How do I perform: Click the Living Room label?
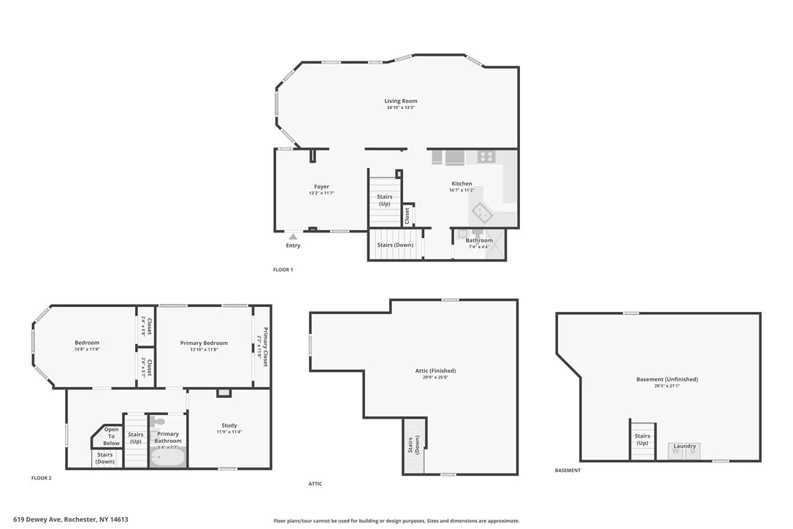(x=401, y=101)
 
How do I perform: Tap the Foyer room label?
(x=321, y=187)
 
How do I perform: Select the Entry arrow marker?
(x=293, y=236)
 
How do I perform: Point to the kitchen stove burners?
(x=486, y=156)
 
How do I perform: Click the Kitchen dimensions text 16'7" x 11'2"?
(x=461, y=191)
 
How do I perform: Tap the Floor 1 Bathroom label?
(x=479, y=240)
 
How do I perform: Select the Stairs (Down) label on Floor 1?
(x=395, y=245)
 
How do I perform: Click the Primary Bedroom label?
(x=204, y=343)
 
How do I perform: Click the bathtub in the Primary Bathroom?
(x=168, y=457)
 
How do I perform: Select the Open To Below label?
(x=111, y=436)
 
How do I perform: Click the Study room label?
(x=229, y=425)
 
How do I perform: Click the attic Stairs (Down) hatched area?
(x=414, y=446)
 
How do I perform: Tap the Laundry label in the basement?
(x=684, y=446)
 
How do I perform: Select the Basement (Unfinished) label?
(x=667, y=379)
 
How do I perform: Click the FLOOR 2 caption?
(x=41, y=478)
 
